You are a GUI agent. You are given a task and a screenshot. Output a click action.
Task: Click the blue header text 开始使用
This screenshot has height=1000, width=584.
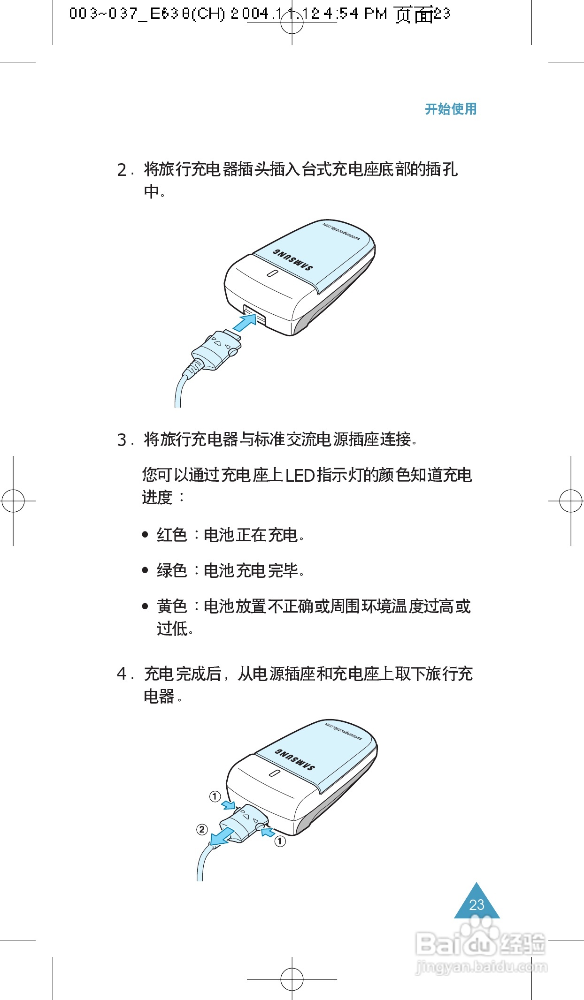point(450,109)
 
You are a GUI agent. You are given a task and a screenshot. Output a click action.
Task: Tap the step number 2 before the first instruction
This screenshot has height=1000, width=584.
point(122,170)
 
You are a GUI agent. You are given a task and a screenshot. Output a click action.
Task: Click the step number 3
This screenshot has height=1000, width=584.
point(122,440)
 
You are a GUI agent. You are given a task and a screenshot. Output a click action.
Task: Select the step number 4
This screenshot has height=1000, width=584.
point(122,674)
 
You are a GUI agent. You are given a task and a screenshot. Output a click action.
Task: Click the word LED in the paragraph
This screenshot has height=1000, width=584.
point(300,475)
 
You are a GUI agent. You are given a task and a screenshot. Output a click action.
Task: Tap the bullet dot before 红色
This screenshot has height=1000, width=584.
point(145,534)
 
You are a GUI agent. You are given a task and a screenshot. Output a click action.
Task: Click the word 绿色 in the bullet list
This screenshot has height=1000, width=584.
point(171,570)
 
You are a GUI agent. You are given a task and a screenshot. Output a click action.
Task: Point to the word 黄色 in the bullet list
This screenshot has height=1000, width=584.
point(171,606)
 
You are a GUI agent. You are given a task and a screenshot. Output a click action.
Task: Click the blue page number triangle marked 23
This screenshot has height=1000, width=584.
point(476,903)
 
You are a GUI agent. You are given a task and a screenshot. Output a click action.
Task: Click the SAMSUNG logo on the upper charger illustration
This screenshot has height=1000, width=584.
point(292,260)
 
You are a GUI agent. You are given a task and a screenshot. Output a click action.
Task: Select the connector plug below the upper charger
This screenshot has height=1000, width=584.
point(216,350)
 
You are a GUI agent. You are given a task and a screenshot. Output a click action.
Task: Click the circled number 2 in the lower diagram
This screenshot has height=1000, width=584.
point(202,829)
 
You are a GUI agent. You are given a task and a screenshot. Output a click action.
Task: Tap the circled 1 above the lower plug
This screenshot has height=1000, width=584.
point(215,796)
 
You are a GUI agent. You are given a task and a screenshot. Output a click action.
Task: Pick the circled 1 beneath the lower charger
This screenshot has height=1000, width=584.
point(280,841)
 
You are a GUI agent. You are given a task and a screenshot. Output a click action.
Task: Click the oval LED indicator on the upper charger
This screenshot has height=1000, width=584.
point(271,273)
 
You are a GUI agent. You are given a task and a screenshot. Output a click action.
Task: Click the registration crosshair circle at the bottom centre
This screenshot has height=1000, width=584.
point(292,979)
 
